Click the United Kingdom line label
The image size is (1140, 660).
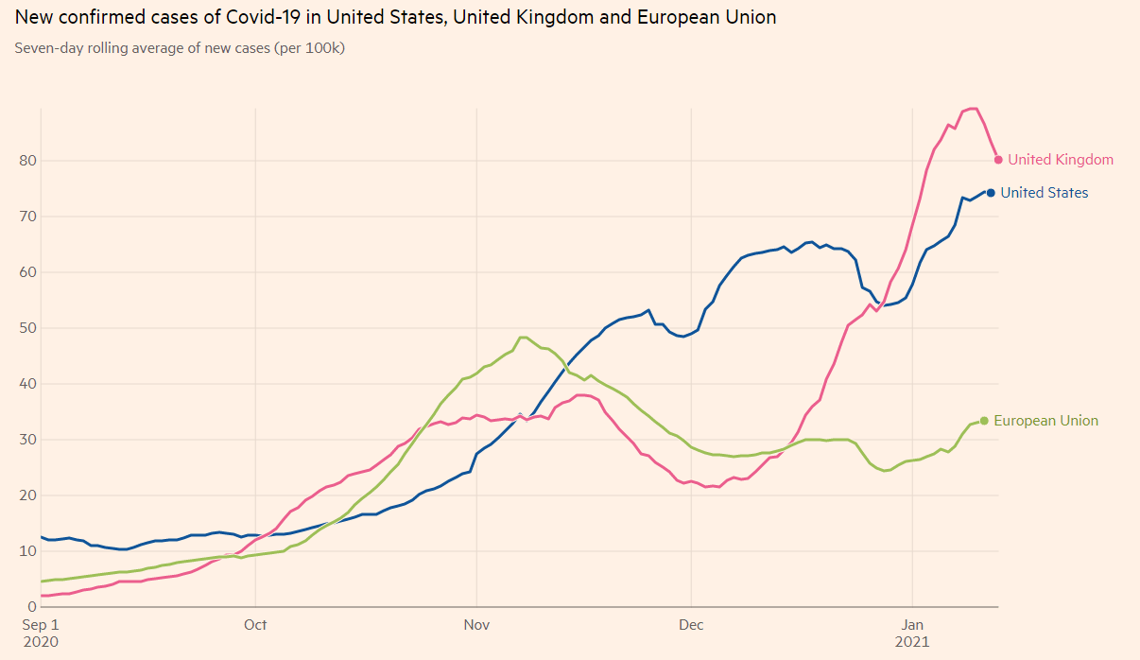click(x=1060, y=160)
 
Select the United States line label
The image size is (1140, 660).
click(x=1044, y=193)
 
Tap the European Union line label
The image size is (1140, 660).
click(x=1045, y=421)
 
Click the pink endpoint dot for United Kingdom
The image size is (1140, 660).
click(x=998, y=160)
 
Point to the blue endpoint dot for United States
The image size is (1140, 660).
click(x=991, y=193)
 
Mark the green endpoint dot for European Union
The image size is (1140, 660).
click(x=984, y=421)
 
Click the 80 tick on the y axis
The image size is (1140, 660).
click(x=26, y=161)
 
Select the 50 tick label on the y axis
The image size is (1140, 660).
click(x=26, y=328)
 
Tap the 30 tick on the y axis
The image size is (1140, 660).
click(x=26, y=440)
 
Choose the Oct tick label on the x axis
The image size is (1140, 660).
click(x=255, y=625)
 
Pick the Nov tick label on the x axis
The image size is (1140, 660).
click(x=476, y=625)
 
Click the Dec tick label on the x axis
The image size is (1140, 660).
click(x=691, y=625)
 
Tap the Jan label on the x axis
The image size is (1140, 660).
click(x=912, y=625)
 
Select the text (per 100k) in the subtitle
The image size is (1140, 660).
click(x=309, y=47)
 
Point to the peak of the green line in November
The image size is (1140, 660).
click(x=523, y=338)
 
